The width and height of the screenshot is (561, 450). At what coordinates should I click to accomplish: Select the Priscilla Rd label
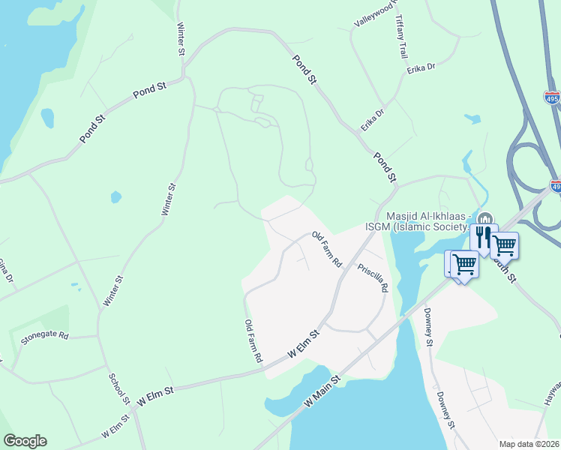click(x=373, y=277)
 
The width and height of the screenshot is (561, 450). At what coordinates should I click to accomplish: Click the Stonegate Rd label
click(x=44, y=336)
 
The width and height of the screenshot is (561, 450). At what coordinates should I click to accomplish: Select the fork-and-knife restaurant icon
click(x=483, y=236)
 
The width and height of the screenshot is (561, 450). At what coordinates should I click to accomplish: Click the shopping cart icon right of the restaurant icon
click(x=505, y=244)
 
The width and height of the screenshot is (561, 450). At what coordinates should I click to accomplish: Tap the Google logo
click(x=25, y=441)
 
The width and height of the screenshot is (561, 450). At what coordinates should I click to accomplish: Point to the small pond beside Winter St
click(x=115, y=197)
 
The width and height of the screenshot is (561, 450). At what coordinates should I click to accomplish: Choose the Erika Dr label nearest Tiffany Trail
click(x=421, y=69)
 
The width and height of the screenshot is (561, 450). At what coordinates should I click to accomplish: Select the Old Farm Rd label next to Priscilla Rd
click(x=327, y=250)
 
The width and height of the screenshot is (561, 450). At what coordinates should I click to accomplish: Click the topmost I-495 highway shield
click(x=551, y=97)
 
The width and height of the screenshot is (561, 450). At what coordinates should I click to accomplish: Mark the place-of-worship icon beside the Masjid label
click(x=484, y=219)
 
